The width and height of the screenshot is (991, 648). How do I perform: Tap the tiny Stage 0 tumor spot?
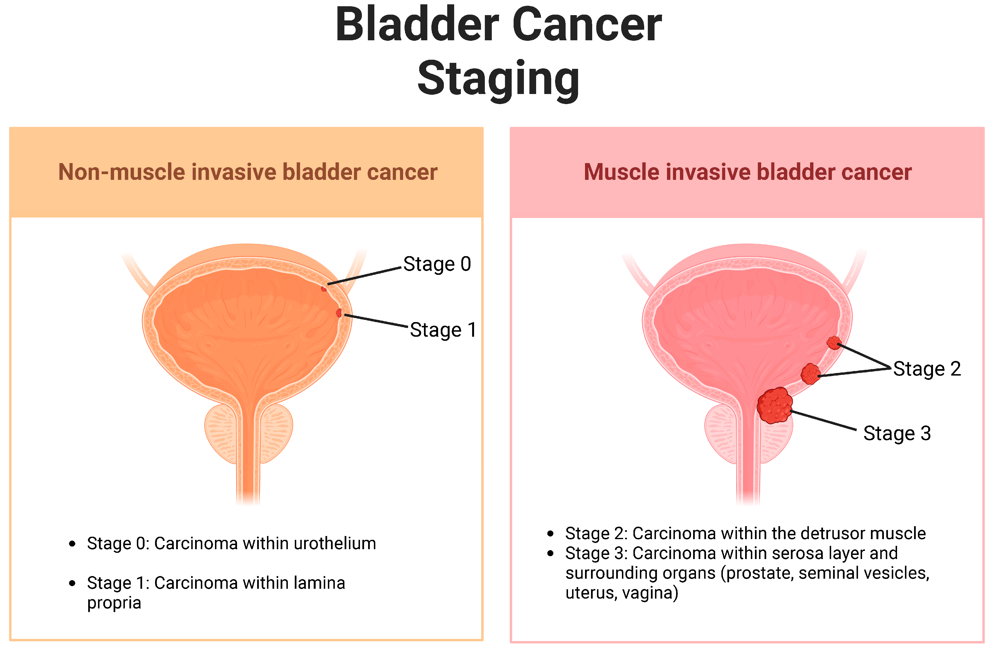click(324, 288)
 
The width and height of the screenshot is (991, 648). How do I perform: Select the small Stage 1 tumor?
click(339, 312)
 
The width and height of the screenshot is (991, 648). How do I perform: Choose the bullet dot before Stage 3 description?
click(551, 554)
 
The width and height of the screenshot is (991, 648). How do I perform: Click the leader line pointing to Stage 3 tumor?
click(823, 420)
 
